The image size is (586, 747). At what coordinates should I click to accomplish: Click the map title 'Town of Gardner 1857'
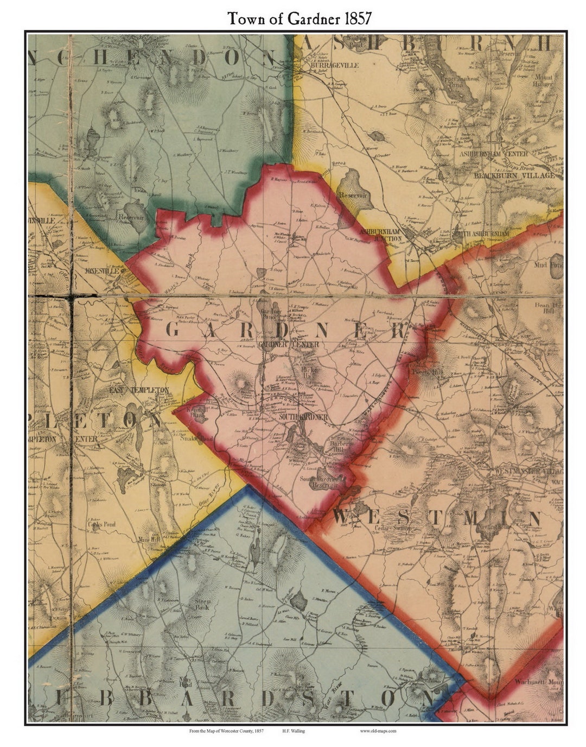299,18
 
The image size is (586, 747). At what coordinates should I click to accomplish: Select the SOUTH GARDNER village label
303,417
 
